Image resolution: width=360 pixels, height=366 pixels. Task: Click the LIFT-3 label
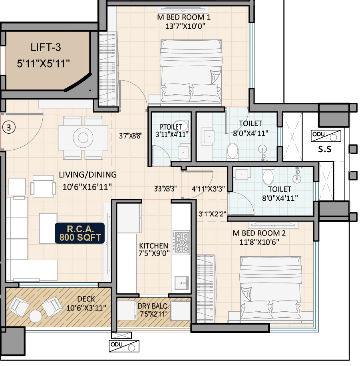[x=46, y=47]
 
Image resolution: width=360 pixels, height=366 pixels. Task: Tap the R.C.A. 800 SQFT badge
[x=80, y=233]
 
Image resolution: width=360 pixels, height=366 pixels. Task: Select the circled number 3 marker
[x=9, y=127]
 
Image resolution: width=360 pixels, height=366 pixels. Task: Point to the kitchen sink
[x=181, y=283]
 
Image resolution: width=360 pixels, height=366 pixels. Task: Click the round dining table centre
[x=83, y=138]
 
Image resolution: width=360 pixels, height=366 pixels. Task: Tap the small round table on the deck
[x=36, y=316]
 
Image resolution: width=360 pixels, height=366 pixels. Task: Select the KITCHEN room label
[x=153, y=246]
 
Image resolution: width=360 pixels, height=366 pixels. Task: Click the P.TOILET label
[x=171, y=127]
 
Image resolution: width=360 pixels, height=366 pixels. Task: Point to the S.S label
[x=325, y=149]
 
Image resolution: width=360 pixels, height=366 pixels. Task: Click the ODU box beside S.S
[x=326, y=136]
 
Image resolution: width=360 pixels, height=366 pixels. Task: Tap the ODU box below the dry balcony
[x=124, y=346]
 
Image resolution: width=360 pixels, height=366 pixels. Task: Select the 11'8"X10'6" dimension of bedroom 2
[x=259, y=242]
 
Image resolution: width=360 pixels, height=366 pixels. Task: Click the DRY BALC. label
[x=153, y=306]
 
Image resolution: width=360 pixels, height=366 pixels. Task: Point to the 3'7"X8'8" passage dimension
[x=131, y=136]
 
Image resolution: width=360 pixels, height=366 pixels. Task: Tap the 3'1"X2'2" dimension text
[x=212, y=214]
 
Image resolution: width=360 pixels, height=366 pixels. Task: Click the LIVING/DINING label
[x=88, y=174]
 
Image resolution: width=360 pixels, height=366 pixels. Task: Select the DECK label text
[x=86, y=299]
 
